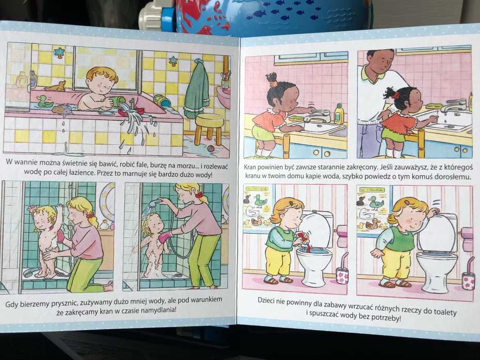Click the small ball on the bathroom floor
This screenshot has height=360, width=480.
pyautogui.click(x=211, y=149)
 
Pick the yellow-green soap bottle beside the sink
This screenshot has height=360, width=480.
pyautogui.click(x=339, y=113)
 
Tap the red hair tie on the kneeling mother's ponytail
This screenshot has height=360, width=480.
pyautogui.click(x=90, y=216)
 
